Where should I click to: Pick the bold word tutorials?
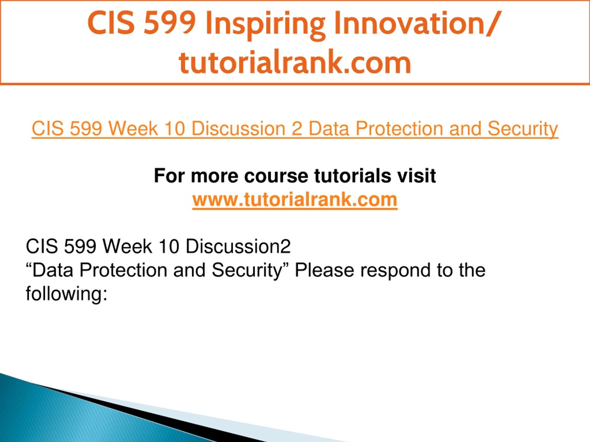click(352, 176)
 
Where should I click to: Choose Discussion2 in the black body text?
click(238, 247)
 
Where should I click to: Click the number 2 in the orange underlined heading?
click(297, 129)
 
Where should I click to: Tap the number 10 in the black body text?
click(168, 247)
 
